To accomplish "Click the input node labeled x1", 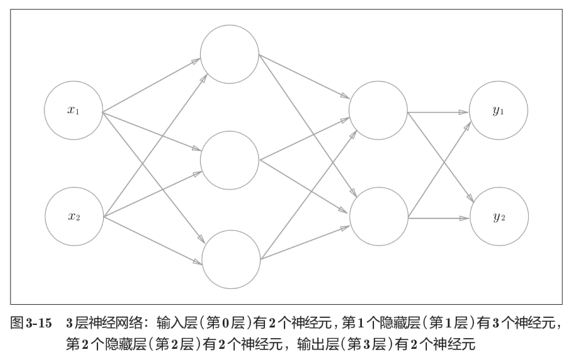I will [73, 110].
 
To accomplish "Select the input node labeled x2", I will [73, 217].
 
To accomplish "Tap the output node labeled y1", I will [498, 111].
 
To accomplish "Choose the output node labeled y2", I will [498, 217].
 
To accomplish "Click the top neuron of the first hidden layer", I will [229, 54].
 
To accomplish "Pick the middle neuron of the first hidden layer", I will [229, 160].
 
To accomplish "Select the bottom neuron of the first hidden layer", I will [231, 258].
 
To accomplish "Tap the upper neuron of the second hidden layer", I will [378, 111].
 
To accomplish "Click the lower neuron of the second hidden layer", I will [378, 216].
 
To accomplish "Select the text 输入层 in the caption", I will [183, 324].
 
